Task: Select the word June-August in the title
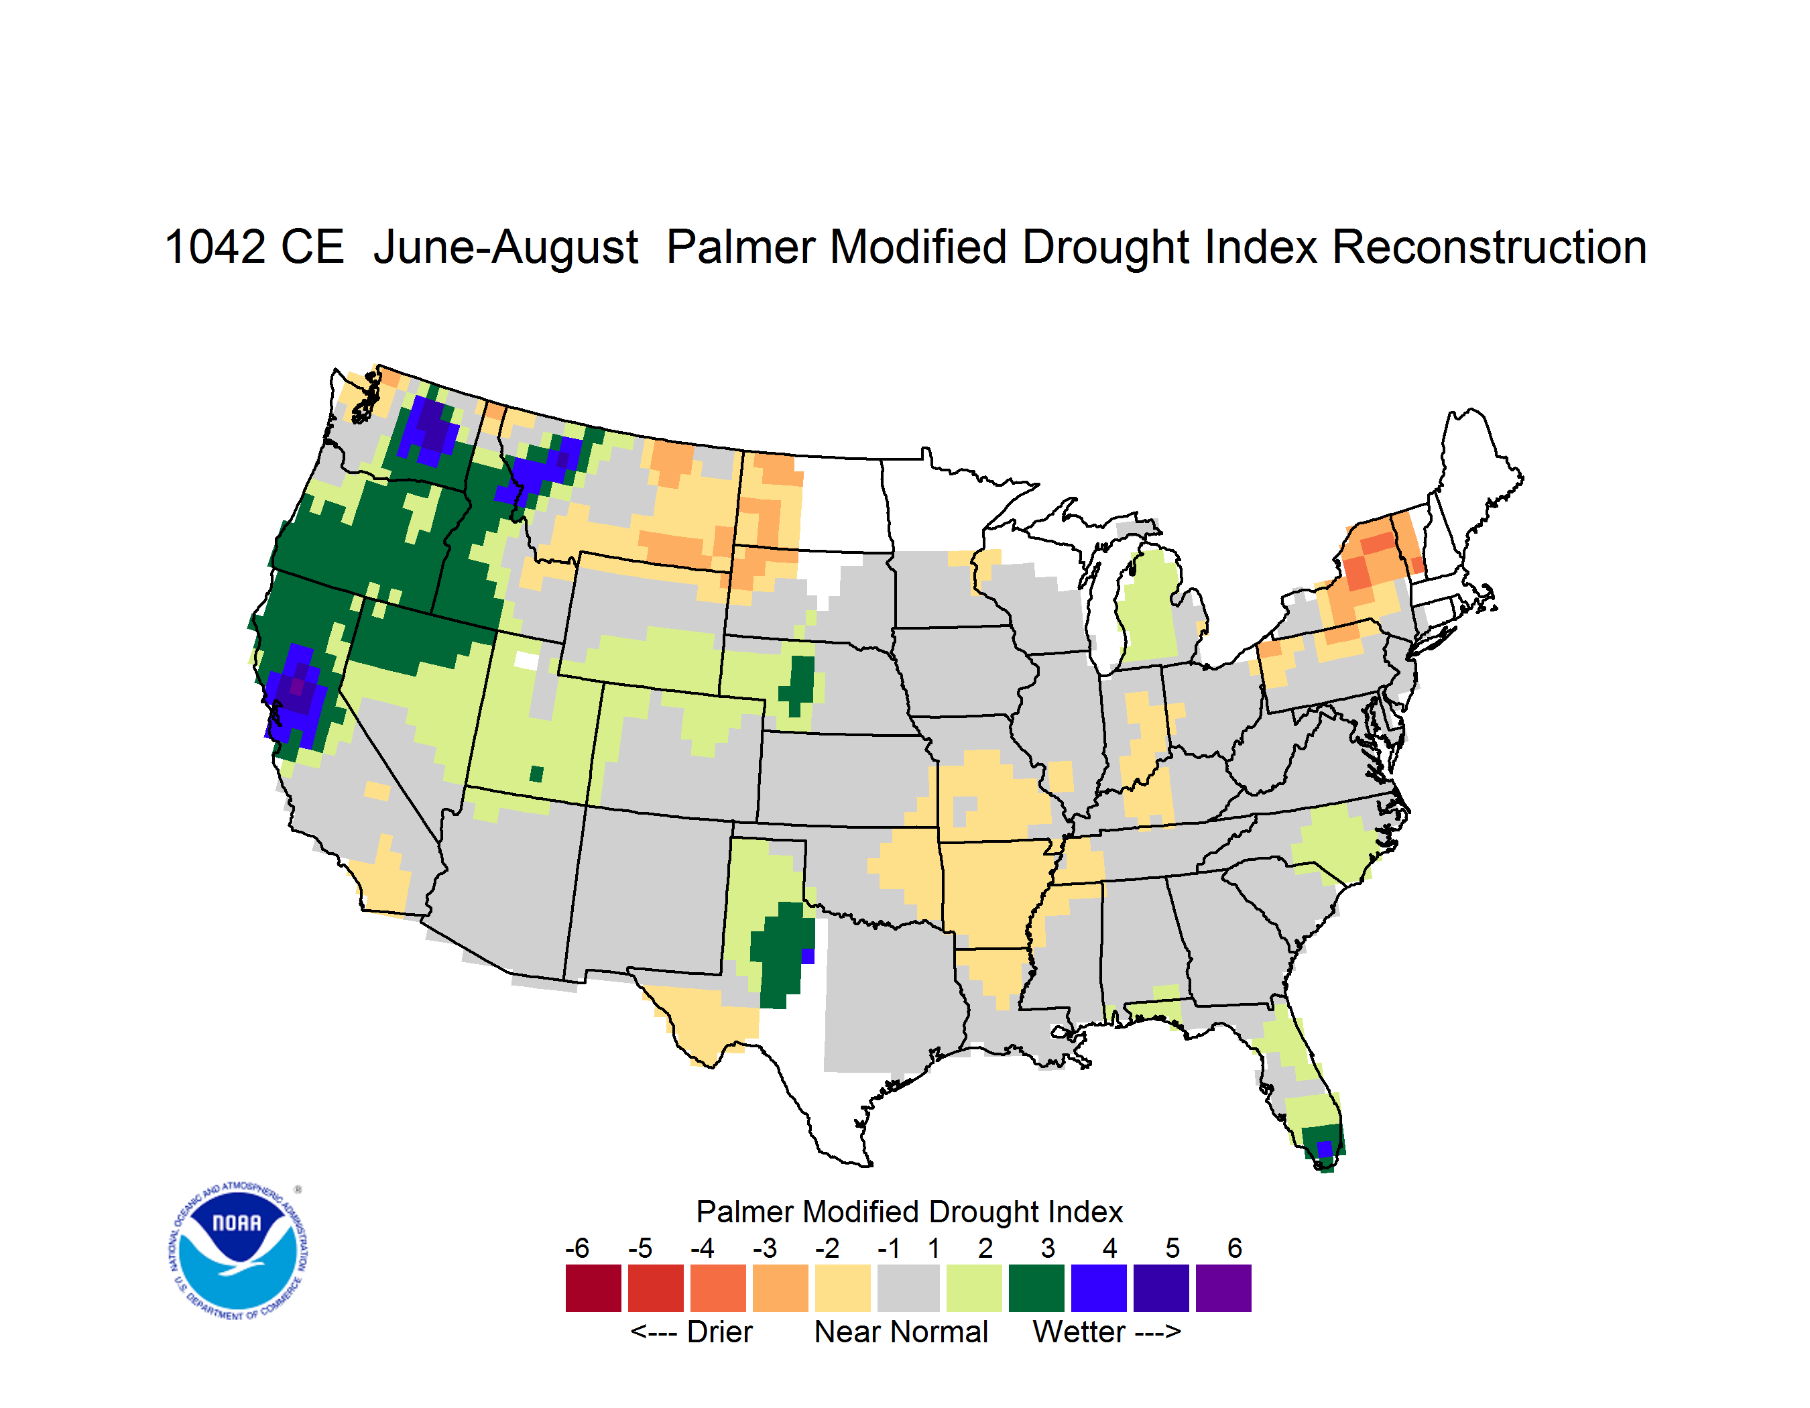pyautogui.click(x=505, y=247)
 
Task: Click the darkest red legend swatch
pyautogui.click(x=593, y=1288)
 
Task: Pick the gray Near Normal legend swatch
pyautogui.click(x=908, y=1288)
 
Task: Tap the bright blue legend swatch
pyautogui.click(x=1099, y=1288)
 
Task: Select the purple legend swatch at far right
pyautogui.click(x=1223, y=1288)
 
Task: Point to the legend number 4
pyautogui.click(x=1109, y=1248)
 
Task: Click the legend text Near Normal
pyautogui.click(x=901, y=1332)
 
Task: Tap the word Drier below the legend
pyautogui.click(x=719, y=1332)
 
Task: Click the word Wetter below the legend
pyautogui.click(x=1079, y=1332)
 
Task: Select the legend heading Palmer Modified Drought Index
pyautogui.click(x=909, y=1212)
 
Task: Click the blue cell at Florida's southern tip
pyautogui.click(x=1325, y=1149)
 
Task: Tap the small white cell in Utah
pyautogui.click(x=526, y=660)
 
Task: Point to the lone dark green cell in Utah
pyautogui.click(x=536, y=774)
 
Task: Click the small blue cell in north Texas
pyautogui.click(x=808, y=956)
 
